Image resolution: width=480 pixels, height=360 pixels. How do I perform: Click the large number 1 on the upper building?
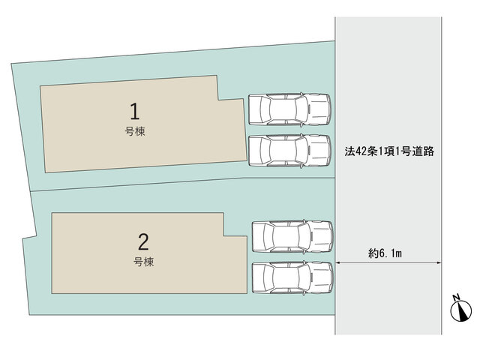tap(135, 111)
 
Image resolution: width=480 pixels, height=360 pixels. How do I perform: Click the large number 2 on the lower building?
tap(143, 241)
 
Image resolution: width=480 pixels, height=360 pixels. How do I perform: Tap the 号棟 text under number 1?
tap(135, 132)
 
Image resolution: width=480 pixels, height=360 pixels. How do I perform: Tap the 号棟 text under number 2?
tap(143, 262)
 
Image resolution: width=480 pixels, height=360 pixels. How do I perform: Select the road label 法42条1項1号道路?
tap(389, 151)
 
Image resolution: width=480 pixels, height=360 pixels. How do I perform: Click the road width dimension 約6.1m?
tap(385, 253)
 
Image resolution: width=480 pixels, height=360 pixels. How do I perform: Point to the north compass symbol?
tap(460, 311)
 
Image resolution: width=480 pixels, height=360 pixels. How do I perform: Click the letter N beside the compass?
tap(456, 297)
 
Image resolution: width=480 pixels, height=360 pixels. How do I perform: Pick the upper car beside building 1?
tap(289, 109)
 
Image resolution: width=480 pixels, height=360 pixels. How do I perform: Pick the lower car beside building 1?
tap(289, 151)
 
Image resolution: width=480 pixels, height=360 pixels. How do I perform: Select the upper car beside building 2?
tap(292, 237)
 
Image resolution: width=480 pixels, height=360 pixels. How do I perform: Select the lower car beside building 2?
tap(292, 277)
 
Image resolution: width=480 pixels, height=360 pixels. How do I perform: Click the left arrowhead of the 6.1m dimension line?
tap(337, 262)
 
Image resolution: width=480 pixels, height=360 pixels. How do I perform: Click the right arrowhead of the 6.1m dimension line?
tap(439, 262)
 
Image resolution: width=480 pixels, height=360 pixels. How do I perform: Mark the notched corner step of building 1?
tap(218, 100)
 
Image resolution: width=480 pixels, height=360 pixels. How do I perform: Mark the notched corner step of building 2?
tap(223, 235)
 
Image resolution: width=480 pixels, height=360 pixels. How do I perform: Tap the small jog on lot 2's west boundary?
tap(29, 237)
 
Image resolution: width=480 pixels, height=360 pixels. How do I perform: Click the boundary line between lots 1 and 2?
tap(183, 183)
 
